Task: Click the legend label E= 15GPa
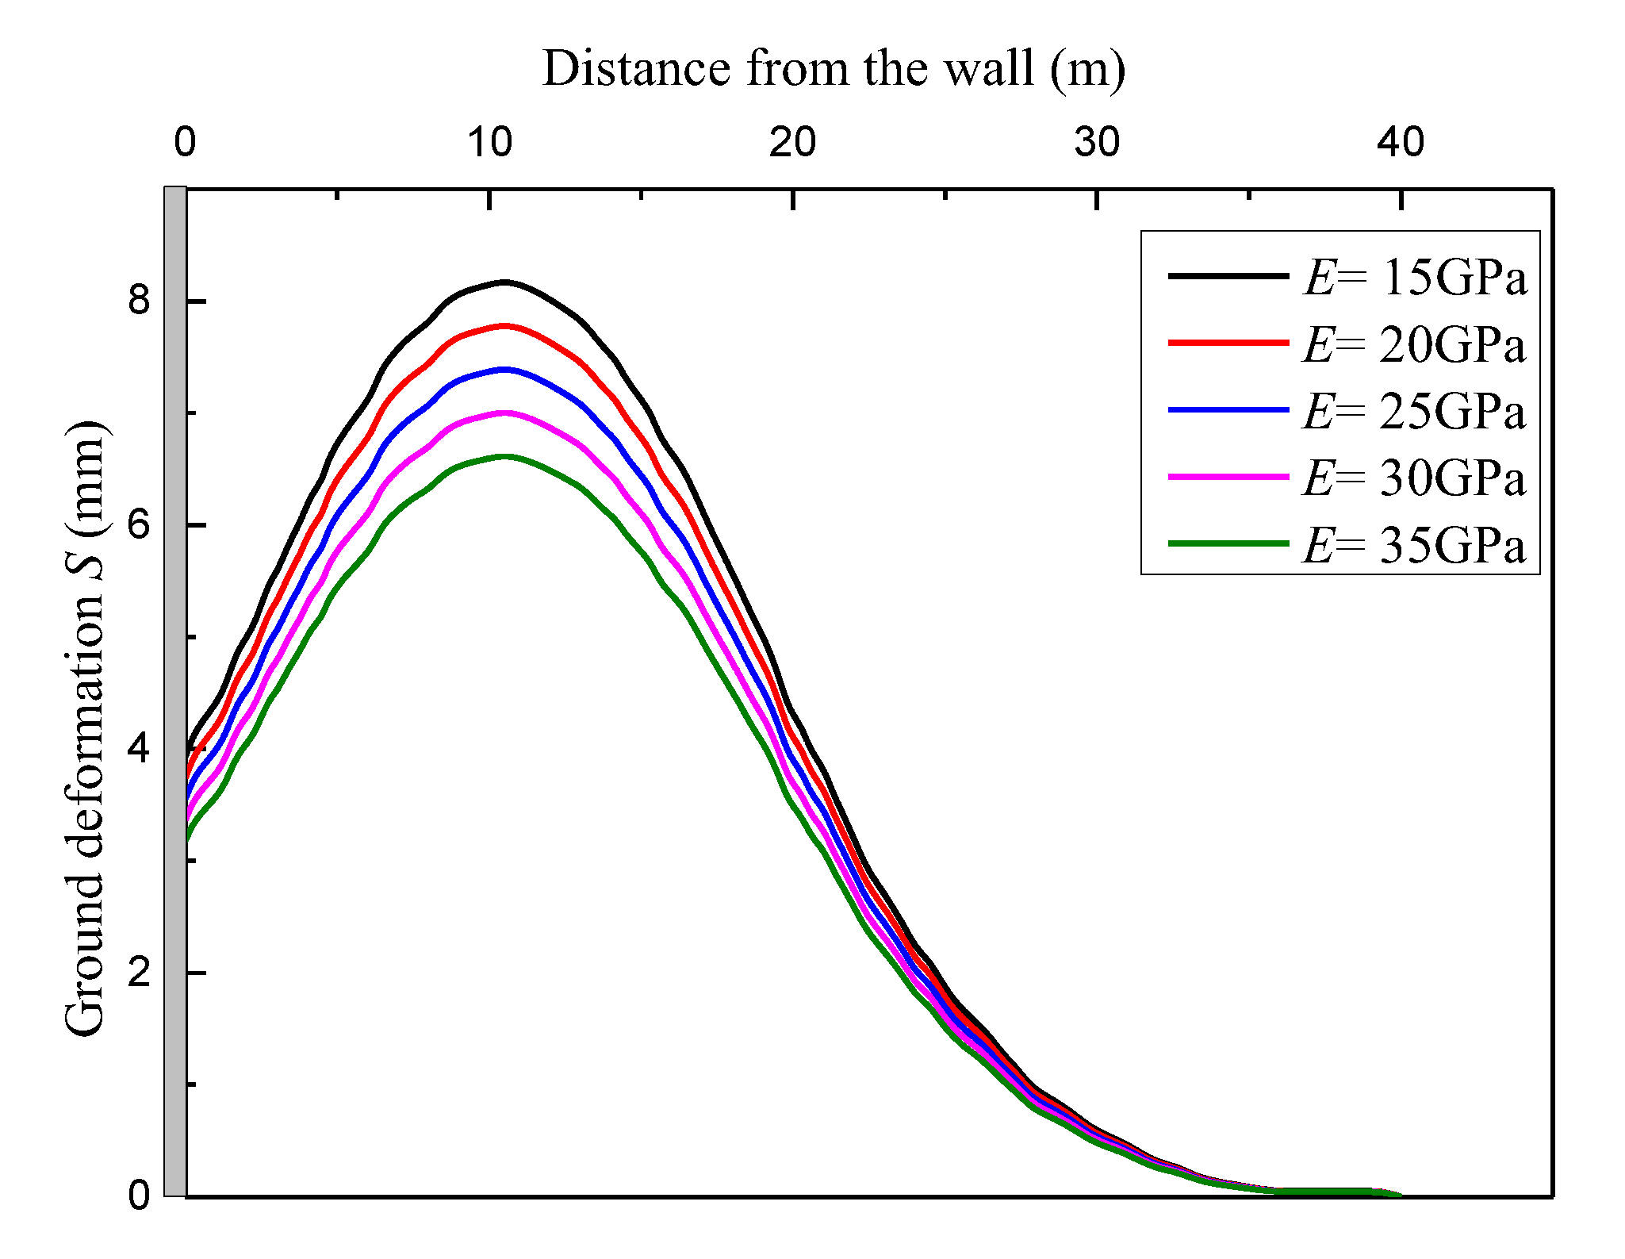(1415, 278)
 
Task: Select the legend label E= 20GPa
(1415, 345)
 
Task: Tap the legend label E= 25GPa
(1415, 412)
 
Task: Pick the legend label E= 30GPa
(1415, 478)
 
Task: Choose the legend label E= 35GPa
(1415, 546)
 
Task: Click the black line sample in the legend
(1228, 275)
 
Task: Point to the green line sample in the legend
(1228, 543)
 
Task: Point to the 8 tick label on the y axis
(140, 301)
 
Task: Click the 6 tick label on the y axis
(140, 524)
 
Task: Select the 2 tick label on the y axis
(140, 972)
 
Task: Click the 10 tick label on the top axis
(489, 143)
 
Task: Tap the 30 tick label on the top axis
(1097, 143)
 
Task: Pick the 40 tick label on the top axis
(1401, 143)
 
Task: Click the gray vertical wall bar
(175, 690)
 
